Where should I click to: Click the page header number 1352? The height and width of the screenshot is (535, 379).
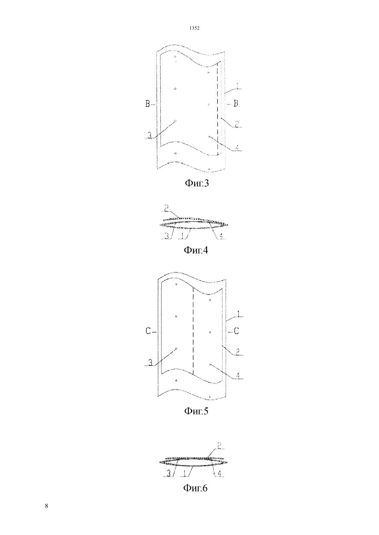[194, 28]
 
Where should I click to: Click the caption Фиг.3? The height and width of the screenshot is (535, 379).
[197, 183]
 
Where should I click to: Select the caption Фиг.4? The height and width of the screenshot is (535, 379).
[196, 250]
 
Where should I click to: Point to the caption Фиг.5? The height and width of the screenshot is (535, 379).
[196, 411]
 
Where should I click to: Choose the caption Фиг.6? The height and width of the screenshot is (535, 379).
[196, 488]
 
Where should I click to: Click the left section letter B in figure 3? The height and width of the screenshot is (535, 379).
[148, 104]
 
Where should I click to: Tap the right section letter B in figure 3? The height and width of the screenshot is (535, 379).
[236, 103]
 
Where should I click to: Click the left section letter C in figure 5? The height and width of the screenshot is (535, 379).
[148, 331]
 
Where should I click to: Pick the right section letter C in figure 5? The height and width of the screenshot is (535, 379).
[236, 331]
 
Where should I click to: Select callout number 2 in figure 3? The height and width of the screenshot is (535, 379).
[237, 124]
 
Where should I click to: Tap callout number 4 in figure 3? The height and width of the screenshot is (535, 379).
[237, 148]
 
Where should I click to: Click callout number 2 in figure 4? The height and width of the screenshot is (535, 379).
[166, 208]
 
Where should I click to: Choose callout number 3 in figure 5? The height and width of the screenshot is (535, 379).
[150, 363]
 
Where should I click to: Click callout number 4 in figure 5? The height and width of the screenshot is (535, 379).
[238, 376]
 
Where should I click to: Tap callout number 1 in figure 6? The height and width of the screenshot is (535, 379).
[184, 473]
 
